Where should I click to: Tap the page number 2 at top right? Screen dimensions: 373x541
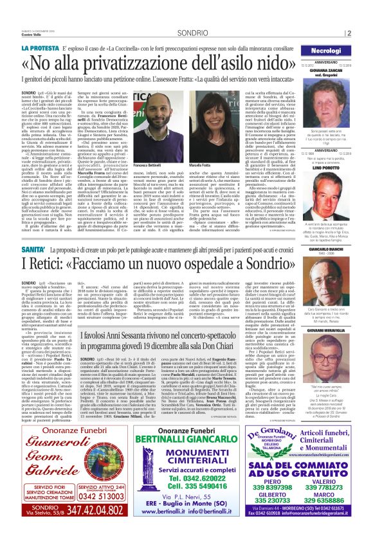pyautogui.click(x=365, y=33)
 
